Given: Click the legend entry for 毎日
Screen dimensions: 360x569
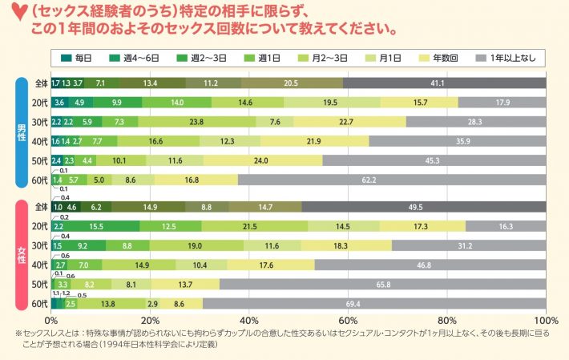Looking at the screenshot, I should [79, 58].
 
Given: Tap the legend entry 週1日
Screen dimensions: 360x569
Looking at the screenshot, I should [267, 58].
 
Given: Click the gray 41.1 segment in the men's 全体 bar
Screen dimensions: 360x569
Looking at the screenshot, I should [444, 83].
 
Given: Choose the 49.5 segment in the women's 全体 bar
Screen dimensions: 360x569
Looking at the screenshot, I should [424, 207].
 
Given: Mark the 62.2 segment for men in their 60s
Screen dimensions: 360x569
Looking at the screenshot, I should [392, 180].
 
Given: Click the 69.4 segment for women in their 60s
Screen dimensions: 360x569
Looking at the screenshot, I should [374, 304].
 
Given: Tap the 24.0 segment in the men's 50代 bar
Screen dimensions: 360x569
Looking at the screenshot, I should [260, 160].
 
